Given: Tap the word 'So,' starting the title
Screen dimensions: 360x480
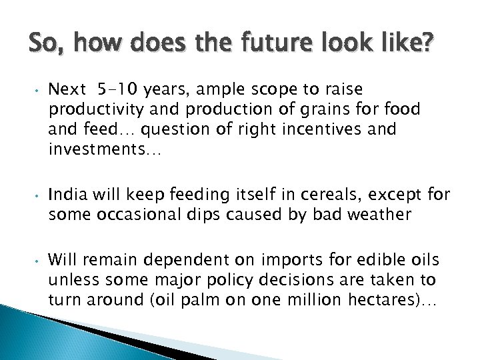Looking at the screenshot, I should tap(46, 47).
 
